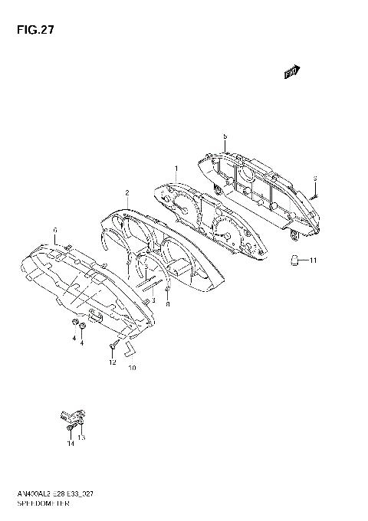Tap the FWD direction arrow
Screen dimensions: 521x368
click(291, 73)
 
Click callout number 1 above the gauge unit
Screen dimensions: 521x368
click(176, 169)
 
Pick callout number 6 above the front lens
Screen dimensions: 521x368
click(55, 231)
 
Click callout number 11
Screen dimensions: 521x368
click(313, 261)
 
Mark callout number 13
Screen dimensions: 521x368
click(81, 437)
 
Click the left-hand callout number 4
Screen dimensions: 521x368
click(74, 337)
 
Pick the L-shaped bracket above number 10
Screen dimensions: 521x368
click(130, 350)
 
